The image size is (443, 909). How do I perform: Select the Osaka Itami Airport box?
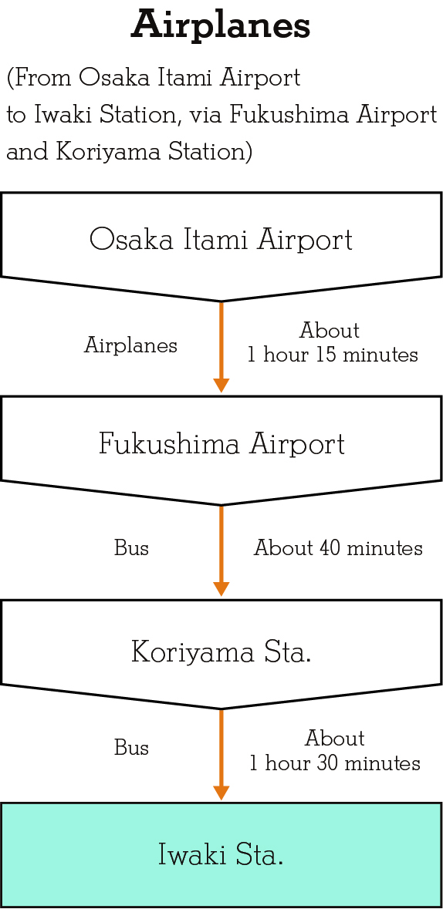[x=221, y=244]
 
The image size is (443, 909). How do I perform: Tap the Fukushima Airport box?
[x=221, y=447]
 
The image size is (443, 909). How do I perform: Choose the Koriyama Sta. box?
[x=221, y=652]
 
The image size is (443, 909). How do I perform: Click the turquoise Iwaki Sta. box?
[x=221, y=855]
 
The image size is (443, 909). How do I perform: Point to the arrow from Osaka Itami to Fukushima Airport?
[x=221, y=347]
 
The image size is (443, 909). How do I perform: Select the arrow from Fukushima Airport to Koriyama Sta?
[x=221, y=550]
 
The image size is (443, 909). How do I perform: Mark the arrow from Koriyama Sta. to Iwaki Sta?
[x=221, y=755]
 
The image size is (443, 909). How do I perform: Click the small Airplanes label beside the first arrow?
[x=130, y=346]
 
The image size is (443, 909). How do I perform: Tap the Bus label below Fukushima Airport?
[x=131, y=548]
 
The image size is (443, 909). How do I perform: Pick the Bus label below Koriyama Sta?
[x=131, y=748]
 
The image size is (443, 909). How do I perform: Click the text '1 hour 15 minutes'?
[x=333, y=354]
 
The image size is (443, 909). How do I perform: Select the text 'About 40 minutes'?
[x=338, y=548]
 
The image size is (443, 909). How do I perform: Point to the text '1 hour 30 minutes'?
[x=335, y=763]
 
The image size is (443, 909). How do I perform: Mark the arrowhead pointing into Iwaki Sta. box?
[x=221, y=793]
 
